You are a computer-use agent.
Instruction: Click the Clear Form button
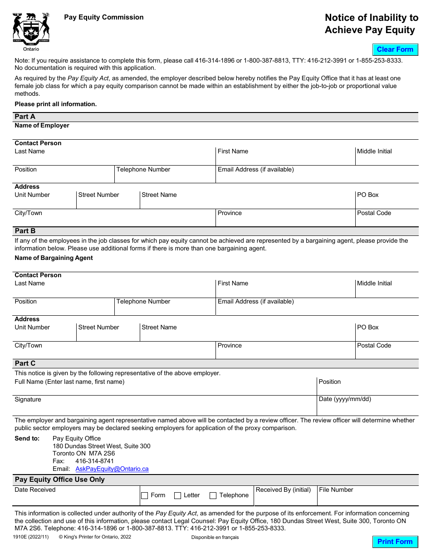(x=395, y=49)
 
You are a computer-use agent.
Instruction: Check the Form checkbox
(x=145, y=495)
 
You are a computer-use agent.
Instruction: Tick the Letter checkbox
(x=178, y=495)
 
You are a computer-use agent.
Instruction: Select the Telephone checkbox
(x=213, y=495)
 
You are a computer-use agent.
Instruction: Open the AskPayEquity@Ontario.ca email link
(x=112, y=469)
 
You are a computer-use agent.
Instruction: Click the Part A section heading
(x=25, y=117)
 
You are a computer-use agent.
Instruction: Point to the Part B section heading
(x=25, y=231)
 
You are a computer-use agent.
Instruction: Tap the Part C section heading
(x=25, y=363)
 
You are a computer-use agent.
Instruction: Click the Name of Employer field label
(x=42, y=126)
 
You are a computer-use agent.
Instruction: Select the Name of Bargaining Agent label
(x=54, y=258)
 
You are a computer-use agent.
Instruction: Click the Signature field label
(x=28, y=399)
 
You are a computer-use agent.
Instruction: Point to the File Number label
(x=336, y=489)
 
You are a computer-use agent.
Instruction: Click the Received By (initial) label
(x=283, y=489)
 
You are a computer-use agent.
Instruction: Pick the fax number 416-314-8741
(x=94, y=461)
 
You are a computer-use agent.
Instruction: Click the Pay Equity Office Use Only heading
(x=59, y=480)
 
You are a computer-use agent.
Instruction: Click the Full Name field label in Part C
(x=69, y=382)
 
